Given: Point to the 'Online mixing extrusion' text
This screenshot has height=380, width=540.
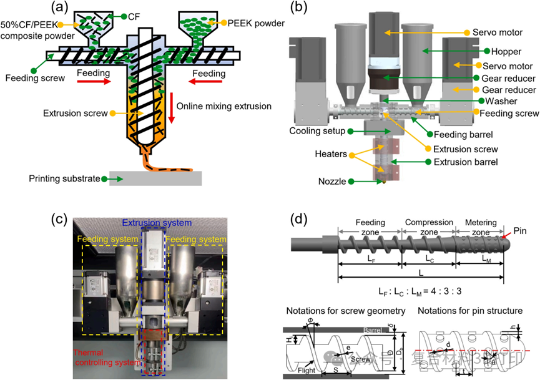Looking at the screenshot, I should click(x=224, y=107).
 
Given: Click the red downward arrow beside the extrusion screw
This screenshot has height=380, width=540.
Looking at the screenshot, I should click(x=170, y=106).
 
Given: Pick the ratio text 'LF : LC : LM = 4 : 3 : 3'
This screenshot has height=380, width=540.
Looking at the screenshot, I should click(x=413, y=291).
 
